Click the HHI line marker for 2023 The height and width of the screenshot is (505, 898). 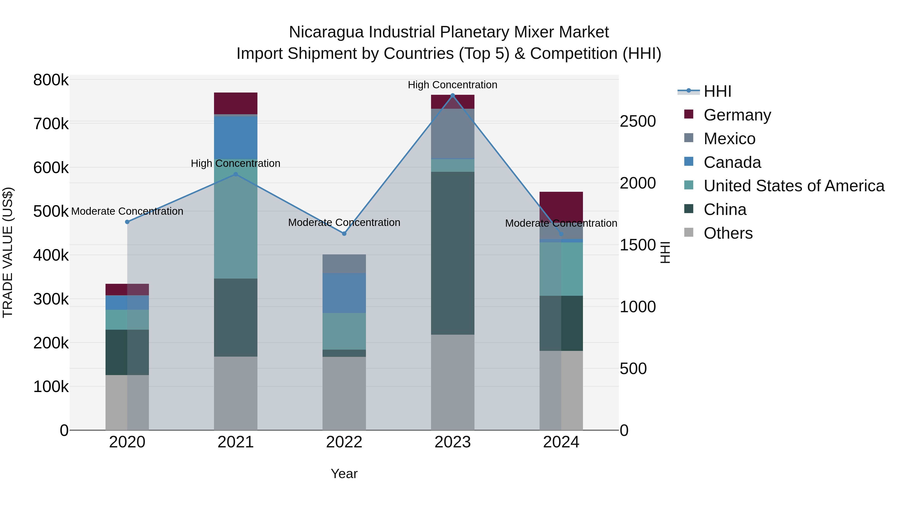coord(452,95)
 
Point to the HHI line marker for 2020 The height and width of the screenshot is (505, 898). coord(127,222)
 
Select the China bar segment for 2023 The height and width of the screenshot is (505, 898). coord(452,253)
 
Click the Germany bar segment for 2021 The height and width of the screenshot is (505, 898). coord(236,103)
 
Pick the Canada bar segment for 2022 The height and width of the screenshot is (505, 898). coord(344,293)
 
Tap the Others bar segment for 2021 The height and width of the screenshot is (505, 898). coord(236,393)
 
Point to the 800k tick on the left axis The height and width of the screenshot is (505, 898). coord(51,80)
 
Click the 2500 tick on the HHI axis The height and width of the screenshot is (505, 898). coord(638,122)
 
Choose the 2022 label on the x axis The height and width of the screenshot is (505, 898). coord(344,442)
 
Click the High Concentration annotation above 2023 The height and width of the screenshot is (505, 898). coord(452,85)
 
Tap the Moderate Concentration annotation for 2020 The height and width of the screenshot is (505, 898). coord(127,211)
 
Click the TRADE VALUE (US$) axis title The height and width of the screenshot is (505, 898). coord(8,252)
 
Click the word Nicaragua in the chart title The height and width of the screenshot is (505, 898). coord(326,32)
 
